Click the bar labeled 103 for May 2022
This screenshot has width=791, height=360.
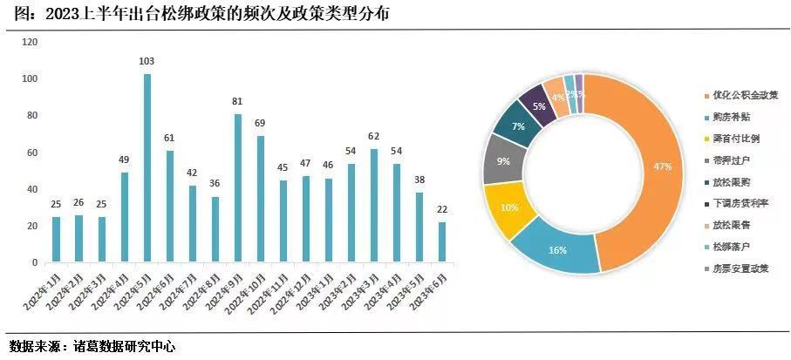point(147,167)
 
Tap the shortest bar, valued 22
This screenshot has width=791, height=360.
point(442,241)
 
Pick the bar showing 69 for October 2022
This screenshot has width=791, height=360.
point(260,199)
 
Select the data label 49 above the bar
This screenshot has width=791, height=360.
point(124,160)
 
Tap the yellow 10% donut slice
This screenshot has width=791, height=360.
point(508,208)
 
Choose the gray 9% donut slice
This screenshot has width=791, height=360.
point(504,161)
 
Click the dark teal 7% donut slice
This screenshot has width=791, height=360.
point(518,127)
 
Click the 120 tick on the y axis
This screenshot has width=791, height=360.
point(30,42)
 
